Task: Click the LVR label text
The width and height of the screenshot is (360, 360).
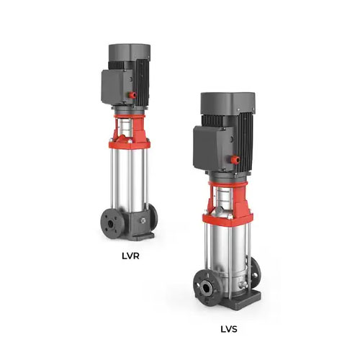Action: [130, 256]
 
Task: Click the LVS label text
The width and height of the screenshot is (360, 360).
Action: [229, 329]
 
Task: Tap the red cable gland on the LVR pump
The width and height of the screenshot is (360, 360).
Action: [132, 95]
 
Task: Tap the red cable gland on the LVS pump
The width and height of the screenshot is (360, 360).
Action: [235, 160]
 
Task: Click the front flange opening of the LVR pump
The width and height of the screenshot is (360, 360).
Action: [111, 224]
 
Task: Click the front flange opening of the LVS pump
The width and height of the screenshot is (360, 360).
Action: [207, 287]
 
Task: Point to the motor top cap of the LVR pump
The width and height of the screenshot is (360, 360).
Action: [130, 53]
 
